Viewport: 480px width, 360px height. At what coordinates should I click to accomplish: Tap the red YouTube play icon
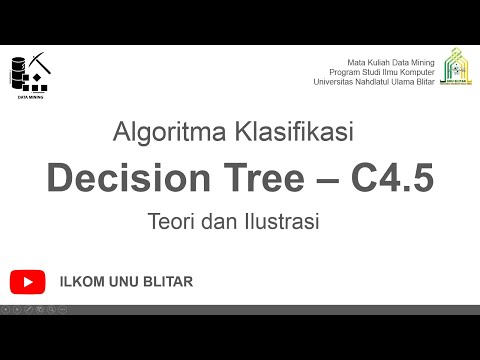[x=28, y=282]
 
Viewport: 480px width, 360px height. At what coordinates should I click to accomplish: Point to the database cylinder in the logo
[x=18, y=69]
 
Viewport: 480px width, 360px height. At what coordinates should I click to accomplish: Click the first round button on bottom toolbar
[x=6, y=309]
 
